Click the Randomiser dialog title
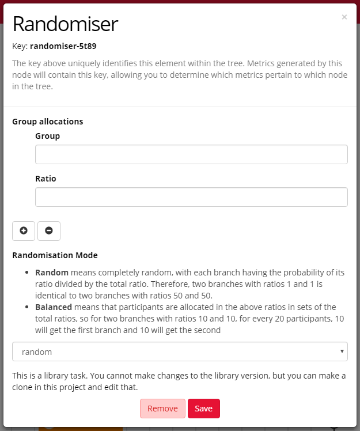point(65,24)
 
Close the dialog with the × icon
point(344,17)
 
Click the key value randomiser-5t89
point(67,46)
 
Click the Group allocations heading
point(48,122)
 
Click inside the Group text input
point(191,154)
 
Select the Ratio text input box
point(191,197)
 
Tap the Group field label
point(47,136)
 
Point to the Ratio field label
point(46,179)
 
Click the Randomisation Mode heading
point(55,255)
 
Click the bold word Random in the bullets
point(52,272)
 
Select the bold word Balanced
point(54,307)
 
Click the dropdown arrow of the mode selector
point(343,351)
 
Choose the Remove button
point(162,409)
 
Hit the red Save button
point(204,409)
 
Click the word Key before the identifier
point(19,46)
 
